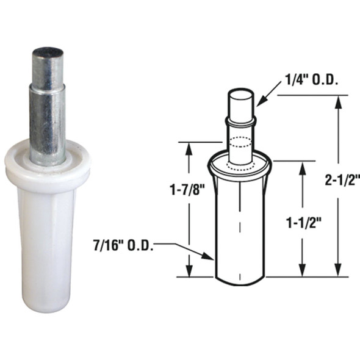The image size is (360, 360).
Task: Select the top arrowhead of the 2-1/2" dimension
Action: click(x=336, y=101)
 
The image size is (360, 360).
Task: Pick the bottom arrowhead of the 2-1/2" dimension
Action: click(x=336, y=272)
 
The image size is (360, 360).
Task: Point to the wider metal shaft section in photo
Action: click(x=48, y=122)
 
